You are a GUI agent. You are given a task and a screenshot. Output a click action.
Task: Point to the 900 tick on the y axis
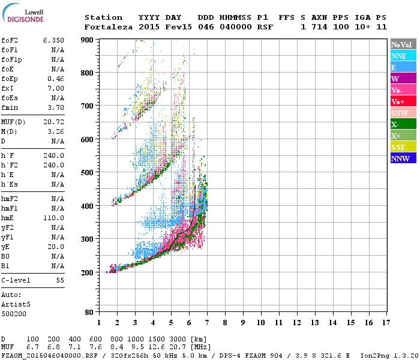coord(88,40)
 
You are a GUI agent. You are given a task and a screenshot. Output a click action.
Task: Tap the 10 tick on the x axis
coord(260,323)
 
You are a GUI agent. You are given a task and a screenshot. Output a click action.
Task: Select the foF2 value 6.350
coord(53,40)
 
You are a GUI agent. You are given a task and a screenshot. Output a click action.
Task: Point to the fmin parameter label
coord(11,107)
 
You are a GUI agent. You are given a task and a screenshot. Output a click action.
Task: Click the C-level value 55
coord(60,280)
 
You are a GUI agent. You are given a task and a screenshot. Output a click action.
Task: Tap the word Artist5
coord(14,304)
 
